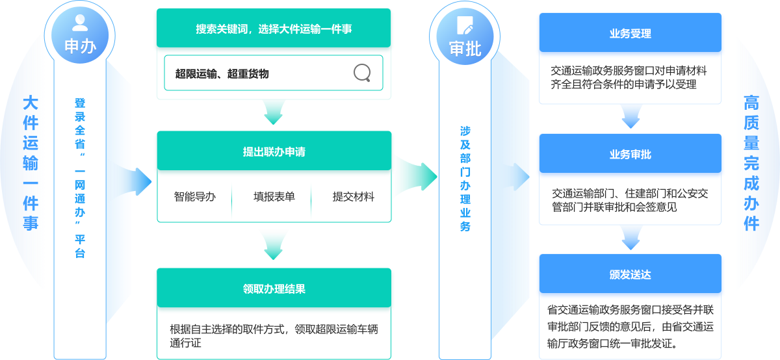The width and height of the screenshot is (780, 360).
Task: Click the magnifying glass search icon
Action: click(x=362, y=73)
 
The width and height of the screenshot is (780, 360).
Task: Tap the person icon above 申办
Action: click(x=81, y=24)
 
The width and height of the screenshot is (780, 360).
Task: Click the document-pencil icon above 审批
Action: click(x=465, y=25)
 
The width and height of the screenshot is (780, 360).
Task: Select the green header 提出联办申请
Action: click(x=274, y=152)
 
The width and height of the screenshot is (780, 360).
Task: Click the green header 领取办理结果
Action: click(x=274, y=289)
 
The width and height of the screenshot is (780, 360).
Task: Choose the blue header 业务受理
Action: click(x=630, y=33)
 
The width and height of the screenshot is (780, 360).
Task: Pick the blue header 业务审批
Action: click(x=630, y=155)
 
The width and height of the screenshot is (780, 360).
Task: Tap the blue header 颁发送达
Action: click(x=630, y=274)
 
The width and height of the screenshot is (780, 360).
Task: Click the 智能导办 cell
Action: click(x=194, y=196)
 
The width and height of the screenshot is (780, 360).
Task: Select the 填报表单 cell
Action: click(x=274, y=196)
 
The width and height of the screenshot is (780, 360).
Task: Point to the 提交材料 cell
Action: click(x=353, y=196)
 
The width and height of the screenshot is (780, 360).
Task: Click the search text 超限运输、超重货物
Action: click(x=222, y=73)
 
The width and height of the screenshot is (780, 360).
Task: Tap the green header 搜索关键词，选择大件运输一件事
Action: click(x=274, y=29)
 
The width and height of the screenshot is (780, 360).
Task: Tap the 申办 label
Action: click(x=81, y=47)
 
